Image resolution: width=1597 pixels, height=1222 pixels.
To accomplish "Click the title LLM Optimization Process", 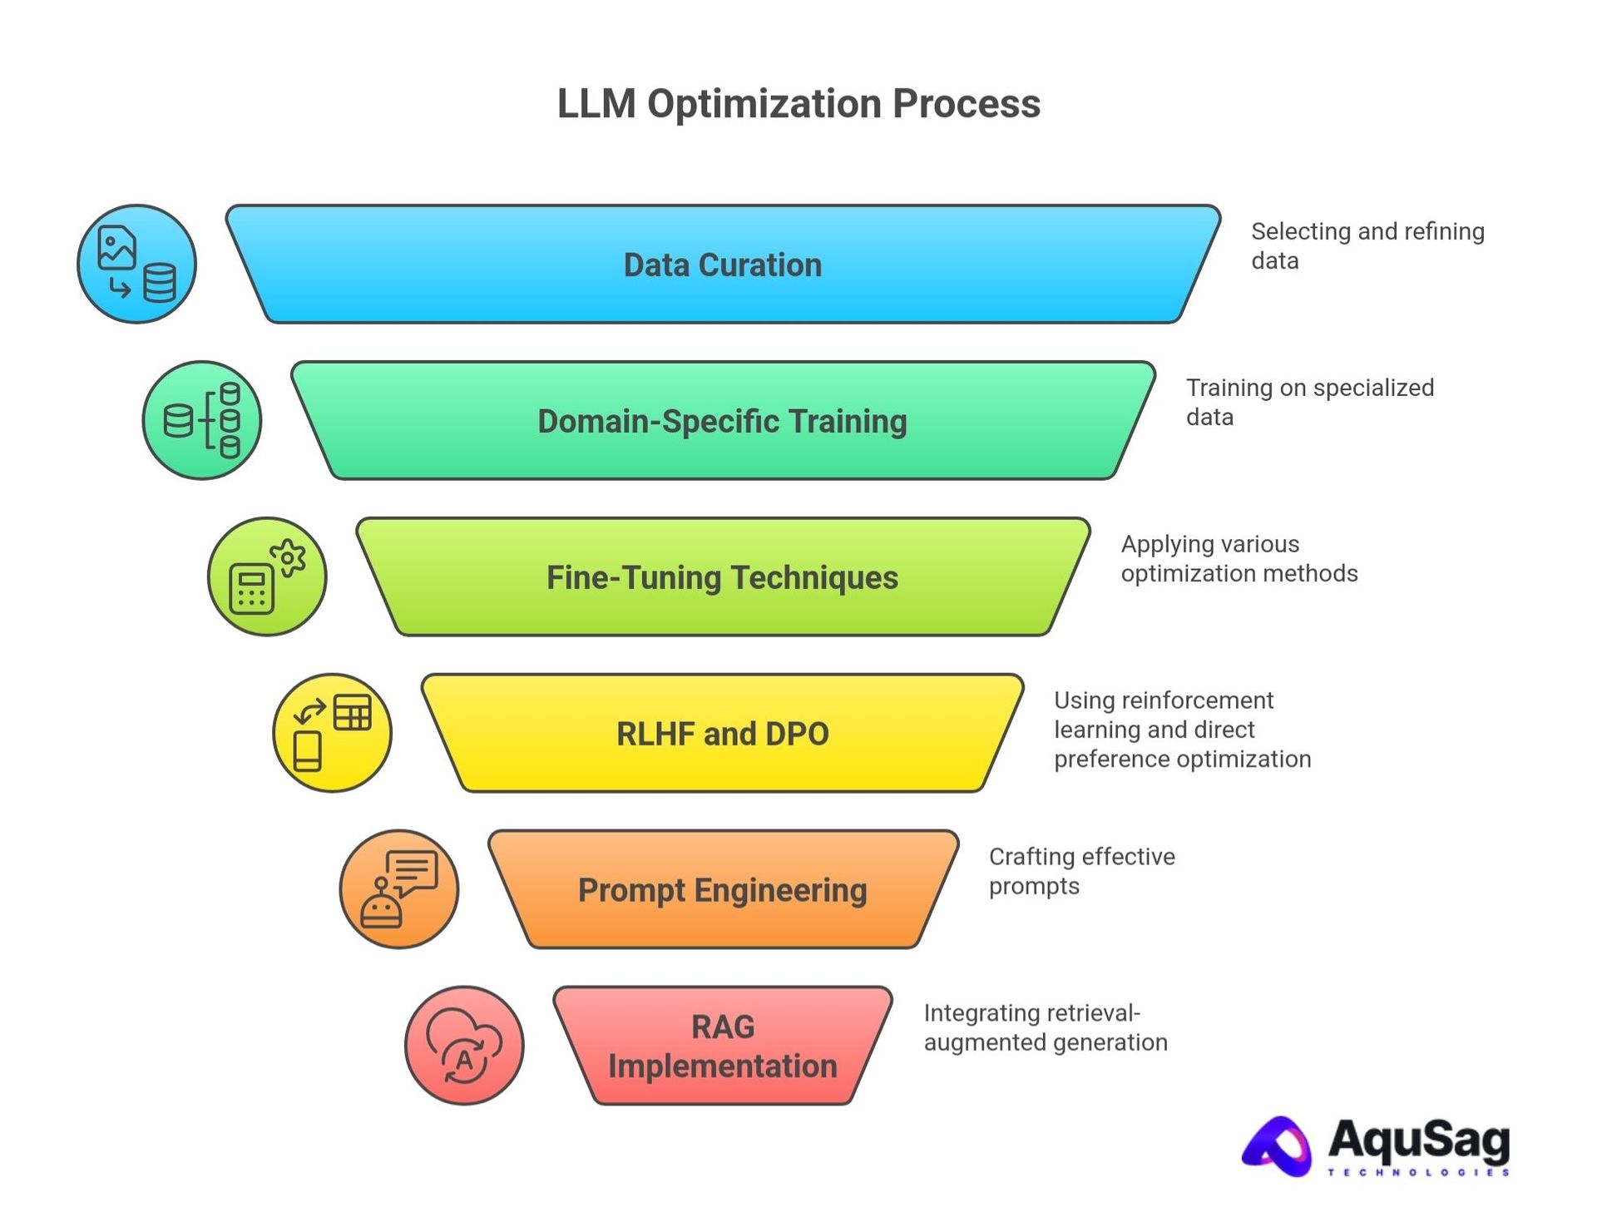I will (798, 104).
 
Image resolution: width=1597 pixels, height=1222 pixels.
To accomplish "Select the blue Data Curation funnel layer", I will (722, 265).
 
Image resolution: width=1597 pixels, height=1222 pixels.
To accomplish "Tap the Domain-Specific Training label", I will (722, 421).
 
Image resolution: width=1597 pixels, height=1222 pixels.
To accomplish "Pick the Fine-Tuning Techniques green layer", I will (722, 577).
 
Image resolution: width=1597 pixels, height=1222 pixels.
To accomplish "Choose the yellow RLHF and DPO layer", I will (722, 734).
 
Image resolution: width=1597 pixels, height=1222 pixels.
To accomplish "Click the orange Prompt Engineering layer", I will (722, 890).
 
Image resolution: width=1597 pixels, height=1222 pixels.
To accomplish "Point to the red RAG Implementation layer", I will (722, 1046).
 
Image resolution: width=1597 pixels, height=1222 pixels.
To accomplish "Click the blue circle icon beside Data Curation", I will (136, 264).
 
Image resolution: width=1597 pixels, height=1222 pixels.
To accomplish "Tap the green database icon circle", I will (202, 420).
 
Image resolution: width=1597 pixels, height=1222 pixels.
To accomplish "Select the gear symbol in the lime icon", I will (288, 558).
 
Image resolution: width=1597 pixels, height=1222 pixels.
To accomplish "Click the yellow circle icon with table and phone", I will (332, 733).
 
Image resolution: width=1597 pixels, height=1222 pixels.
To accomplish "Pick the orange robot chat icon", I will (398, 888).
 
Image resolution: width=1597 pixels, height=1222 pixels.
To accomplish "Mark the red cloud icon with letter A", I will (464, 1046).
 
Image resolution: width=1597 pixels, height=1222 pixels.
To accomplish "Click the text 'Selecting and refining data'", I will (1367, 245).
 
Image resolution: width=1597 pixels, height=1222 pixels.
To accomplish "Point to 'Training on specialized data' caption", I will (1309, 402).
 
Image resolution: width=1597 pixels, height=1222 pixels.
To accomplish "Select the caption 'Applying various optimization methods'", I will (1239, 558).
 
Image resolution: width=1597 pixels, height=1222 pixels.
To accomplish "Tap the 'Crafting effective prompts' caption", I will (1081, 871).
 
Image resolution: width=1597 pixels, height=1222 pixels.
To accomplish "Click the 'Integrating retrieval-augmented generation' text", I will (1045, 1027).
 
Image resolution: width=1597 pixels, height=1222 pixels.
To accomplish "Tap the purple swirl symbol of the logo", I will (1277, 1147).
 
